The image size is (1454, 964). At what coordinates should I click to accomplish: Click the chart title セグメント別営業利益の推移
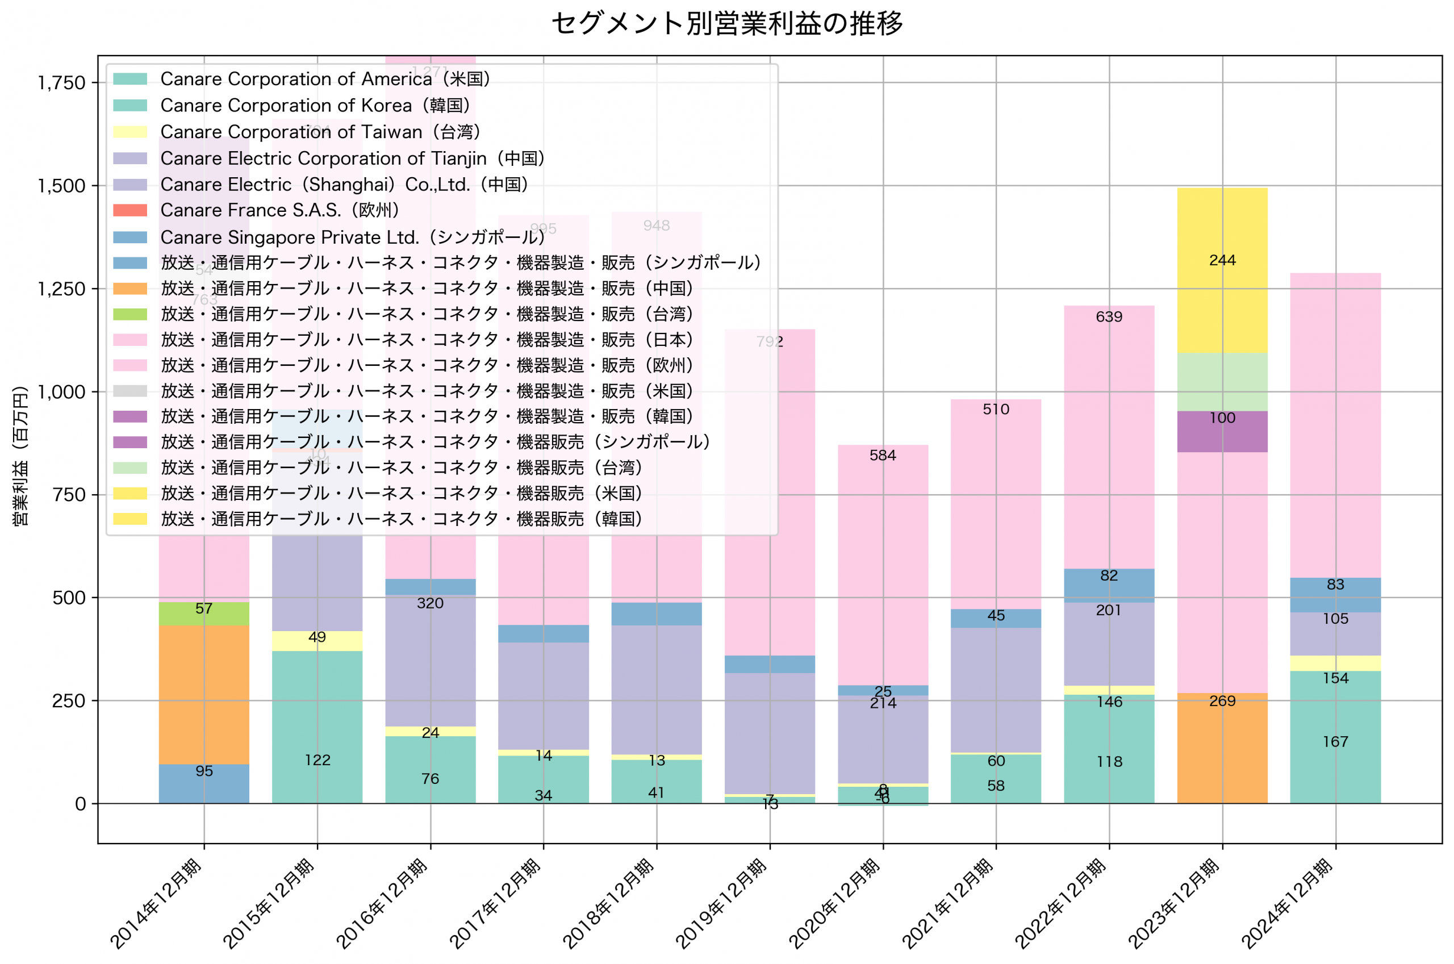pyautogui.click(x=726, y=23)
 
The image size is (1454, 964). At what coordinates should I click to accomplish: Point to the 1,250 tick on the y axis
pyautogui.click(x=61, y=289)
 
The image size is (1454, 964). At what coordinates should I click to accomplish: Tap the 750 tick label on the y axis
pyautogui.click(x=69, y=495)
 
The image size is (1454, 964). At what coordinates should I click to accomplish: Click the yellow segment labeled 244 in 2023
pyautogui.click(x=1222, y=270)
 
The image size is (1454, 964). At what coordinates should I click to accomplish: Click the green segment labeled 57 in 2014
pyautogui.click(x=204, y=614)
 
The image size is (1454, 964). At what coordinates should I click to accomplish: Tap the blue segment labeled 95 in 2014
pyautogui.click(x=204, y=783)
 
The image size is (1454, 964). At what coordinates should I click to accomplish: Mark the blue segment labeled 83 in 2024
pyautogui.click(x=1335, y=595)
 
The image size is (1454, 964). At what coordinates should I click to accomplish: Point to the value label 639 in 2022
pyautogui.click(x=1109, y=317)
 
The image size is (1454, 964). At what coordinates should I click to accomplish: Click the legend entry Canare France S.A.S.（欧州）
pyautogui.click(x=279, y=210)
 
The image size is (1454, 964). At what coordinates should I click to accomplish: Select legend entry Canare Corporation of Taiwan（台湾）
pyautogui.click(x=320, y=132)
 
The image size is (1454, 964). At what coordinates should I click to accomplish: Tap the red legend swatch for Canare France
pyautogui.click(x=130, y=210)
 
